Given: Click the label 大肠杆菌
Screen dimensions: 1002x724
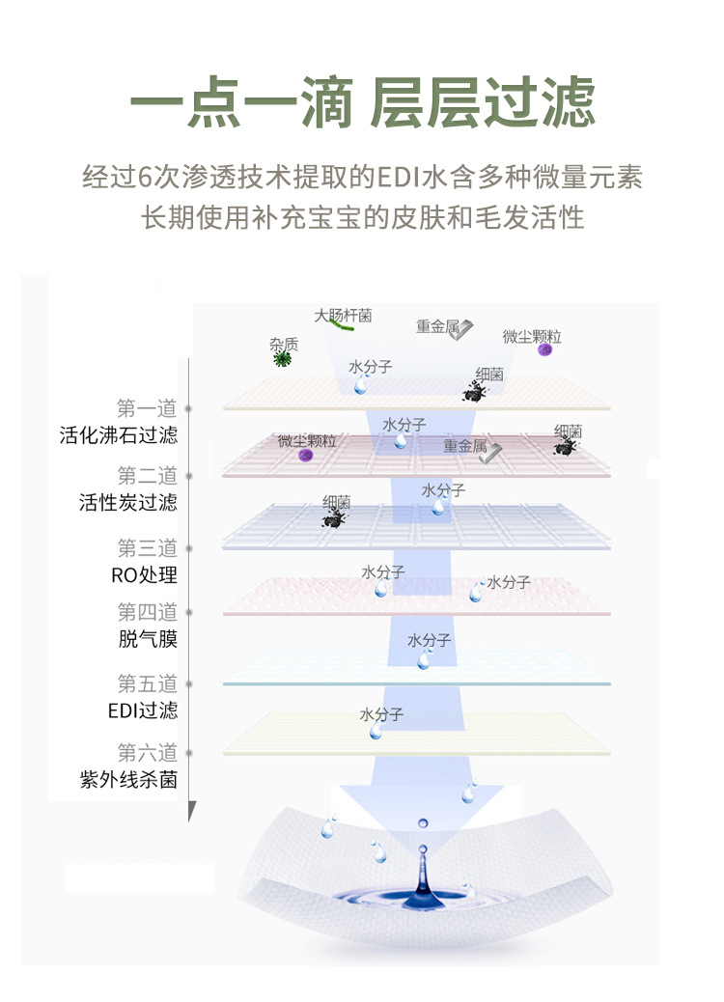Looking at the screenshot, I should pos(343,315).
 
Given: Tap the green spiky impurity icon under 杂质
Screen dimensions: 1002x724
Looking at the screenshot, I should pos(283,359).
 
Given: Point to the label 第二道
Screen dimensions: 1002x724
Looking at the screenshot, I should pos(148,476).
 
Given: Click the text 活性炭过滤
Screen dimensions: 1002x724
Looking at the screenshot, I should pos(128,502).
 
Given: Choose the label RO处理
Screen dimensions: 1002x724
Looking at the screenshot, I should pos(144,575).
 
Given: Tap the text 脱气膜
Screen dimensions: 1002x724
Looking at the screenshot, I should pos(148,639).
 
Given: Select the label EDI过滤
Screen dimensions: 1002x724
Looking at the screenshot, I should pos(143,710).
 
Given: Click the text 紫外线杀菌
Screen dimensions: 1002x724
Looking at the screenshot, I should pos(128,780).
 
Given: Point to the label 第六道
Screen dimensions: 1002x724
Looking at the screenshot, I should pos(148,753).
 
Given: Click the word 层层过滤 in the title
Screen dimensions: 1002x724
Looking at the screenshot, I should pos(483,104).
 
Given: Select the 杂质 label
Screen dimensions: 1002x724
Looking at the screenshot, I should pos(284,344).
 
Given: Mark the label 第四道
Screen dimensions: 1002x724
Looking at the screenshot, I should pos(148,612).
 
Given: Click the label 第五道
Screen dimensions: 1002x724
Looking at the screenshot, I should pos(148,684).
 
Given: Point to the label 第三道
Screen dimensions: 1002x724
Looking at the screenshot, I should pos(148,548).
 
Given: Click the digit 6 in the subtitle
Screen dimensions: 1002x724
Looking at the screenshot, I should pos(147,179).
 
